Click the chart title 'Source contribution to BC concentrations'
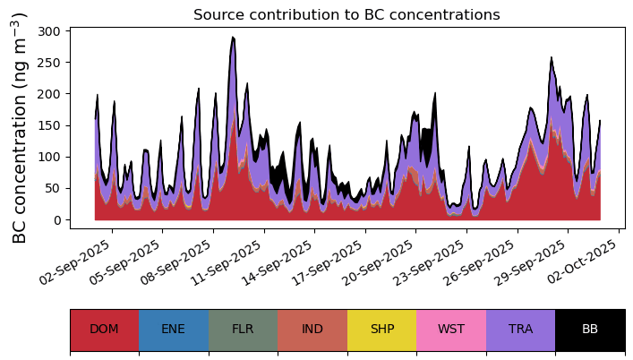point(346,15)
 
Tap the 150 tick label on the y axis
point(49,125)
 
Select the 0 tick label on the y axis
point(56,220)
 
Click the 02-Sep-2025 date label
point(75,262)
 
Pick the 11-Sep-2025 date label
point(227,262)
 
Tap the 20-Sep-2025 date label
point(380,262)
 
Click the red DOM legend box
point(105,330)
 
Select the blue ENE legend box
point(174,330)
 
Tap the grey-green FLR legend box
point(243,330)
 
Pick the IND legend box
point(312,330)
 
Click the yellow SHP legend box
point(382,330)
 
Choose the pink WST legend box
point(451,330)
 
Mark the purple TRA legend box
point(521,330)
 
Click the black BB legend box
point(590,330)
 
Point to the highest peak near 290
point(233,38)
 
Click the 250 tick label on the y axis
point(49,63)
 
